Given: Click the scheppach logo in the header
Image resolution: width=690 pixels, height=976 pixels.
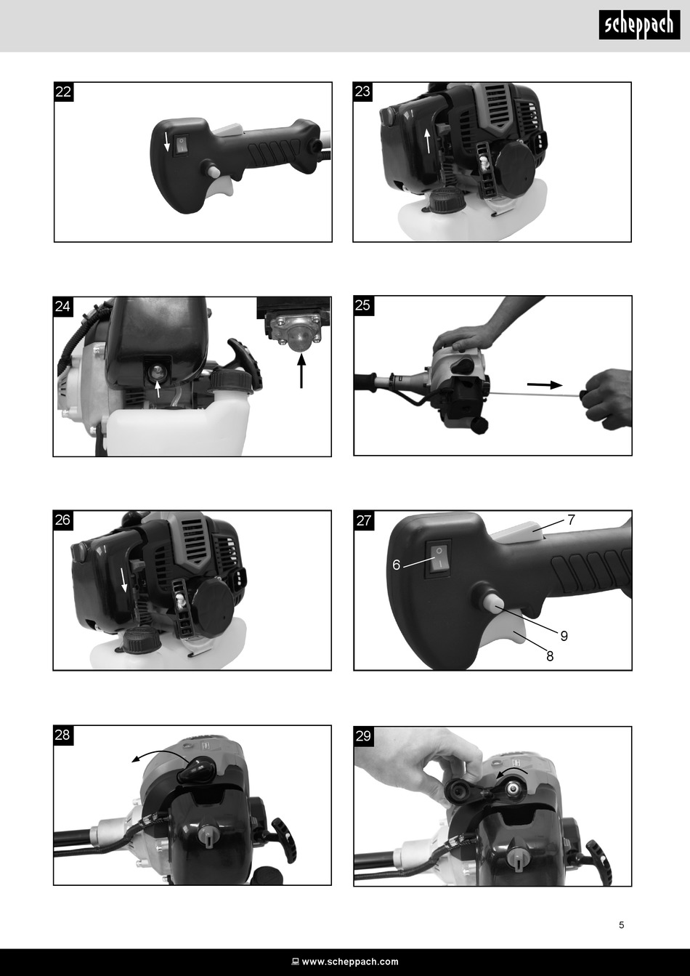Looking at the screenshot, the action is coord(639,25).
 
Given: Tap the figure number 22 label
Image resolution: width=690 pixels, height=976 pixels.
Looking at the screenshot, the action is coord(64,92).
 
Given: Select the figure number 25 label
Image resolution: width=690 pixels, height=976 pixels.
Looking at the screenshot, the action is coord(362,305).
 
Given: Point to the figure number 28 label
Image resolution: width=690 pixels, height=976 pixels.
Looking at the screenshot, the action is coord(62,735).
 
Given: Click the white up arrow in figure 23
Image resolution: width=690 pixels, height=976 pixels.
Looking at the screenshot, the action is coord(428,140).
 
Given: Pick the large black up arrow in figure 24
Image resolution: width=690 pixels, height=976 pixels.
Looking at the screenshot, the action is coord(301,371).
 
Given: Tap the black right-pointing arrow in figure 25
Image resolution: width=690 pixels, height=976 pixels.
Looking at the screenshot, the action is coord(545,384).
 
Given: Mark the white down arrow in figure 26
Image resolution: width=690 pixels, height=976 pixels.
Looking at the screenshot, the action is coord(124,581).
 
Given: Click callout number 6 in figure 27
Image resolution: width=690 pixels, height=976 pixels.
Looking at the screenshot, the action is coord(396,565).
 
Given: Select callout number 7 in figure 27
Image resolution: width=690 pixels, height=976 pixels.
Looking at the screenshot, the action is coord(571,520).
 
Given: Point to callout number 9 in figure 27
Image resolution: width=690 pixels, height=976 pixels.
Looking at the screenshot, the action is coord(564,636).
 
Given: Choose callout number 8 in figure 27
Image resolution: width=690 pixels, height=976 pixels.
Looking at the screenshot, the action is coord(550,656).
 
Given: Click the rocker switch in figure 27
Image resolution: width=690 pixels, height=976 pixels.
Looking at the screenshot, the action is coord(439,560).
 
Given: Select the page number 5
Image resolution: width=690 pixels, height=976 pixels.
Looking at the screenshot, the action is coord(621,924).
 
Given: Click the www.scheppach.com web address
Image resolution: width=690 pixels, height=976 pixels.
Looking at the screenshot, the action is coord(350,961).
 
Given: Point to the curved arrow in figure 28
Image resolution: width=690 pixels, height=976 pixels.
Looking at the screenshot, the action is coord(161,758).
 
